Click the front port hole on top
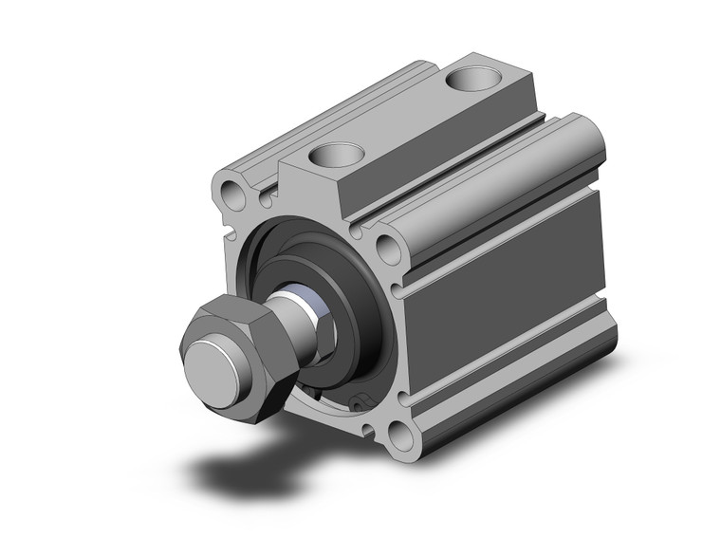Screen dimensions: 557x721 click(x=339, y=153)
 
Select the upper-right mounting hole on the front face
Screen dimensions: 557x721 click(x=388, y=249)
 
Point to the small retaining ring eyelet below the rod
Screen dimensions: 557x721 click(x=358, y=402)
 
